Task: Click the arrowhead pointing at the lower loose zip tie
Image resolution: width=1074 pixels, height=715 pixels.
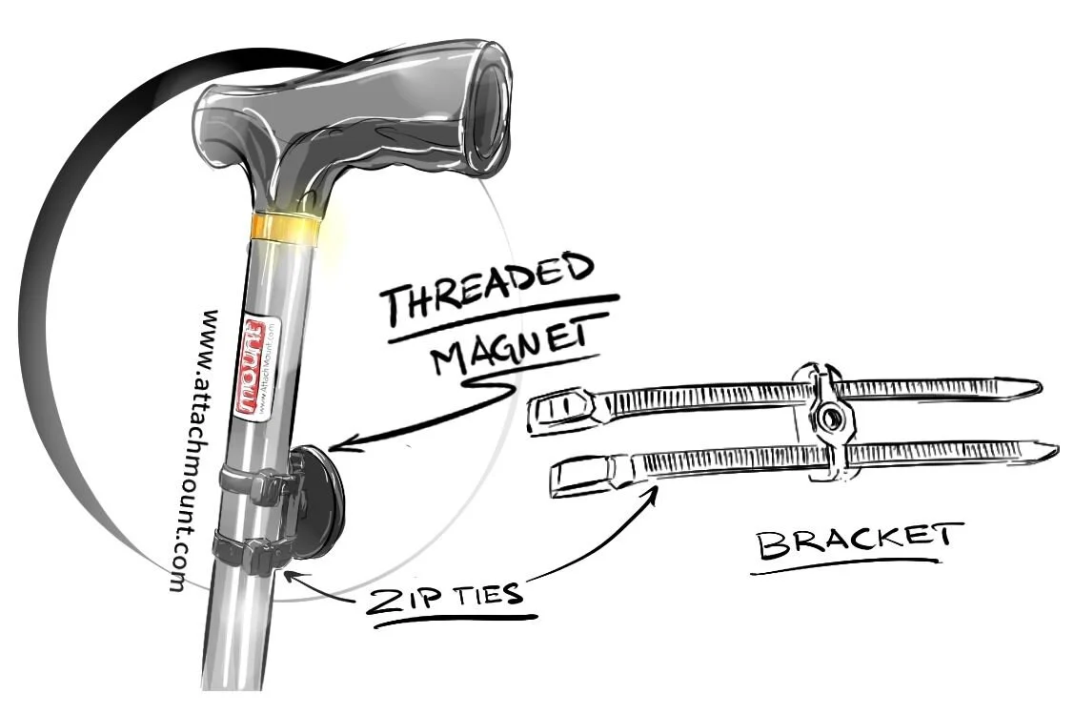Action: click(656, 489)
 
